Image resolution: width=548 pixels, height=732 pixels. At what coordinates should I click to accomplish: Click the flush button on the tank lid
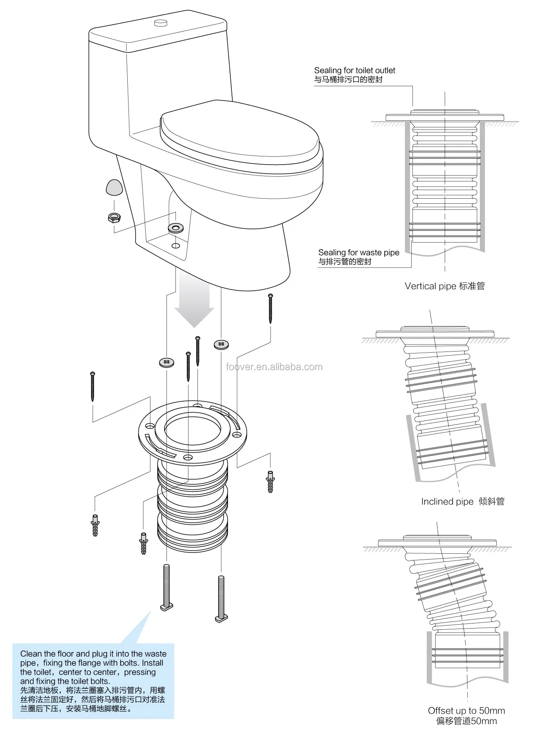tap(161, 22)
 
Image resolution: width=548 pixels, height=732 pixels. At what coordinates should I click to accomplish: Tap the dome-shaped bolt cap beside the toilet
tap(114, 187)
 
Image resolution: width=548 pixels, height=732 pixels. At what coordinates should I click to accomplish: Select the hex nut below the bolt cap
tap(114, 217)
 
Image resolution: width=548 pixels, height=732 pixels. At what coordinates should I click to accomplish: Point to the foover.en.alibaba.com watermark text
tap(274, 367)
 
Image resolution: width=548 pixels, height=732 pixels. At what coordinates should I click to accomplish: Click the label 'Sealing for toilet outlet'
tap(354, 71)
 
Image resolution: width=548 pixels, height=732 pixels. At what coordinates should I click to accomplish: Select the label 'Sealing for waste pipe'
tap(358, 253)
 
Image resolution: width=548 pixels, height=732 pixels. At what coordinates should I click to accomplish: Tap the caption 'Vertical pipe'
tap(430, 286)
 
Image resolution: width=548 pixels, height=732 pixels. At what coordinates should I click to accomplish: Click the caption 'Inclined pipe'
tap(447, 502)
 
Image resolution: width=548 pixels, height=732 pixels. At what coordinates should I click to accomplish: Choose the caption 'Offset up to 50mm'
tap(466, 710)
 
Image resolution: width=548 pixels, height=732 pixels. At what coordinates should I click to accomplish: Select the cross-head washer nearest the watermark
tap(221, 344)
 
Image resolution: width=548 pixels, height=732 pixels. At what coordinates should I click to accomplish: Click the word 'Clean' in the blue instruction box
tap(31, 654)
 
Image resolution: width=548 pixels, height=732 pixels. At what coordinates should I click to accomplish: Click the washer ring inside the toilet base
tap(175, 228)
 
